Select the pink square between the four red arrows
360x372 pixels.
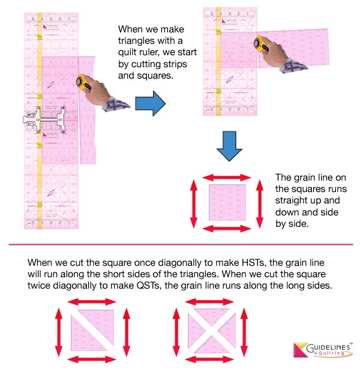tap(227, 202)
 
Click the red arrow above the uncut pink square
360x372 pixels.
tap(227, 177)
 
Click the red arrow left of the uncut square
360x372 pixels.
tap(194, 202)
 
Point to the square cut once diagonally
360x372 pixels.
tap(88, 332)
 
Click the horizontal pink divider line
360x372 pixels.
tap(180, 245)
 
